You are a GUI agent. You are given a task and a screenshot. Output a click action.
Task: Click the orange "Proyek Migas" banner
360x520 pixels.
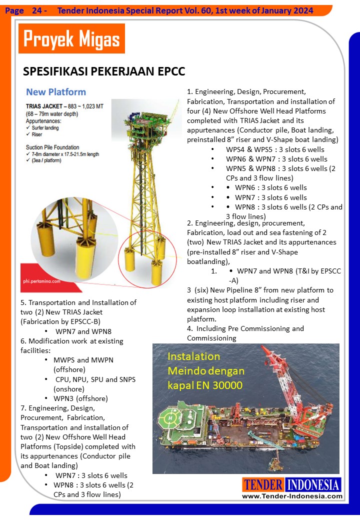71,38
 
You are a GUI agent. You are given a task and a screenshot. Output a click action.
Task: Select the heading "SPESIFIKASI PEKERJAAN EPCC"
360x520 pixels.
104,71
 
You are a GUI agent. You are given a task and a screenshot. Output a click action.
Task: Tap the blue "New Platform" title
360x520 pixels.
56,92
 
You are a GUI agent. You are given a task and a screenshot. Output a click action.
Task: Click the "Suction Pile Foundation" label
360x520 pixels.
52,147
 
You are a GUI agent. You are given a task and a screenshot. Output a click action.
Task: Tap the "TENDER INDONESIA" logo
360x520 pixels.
292,484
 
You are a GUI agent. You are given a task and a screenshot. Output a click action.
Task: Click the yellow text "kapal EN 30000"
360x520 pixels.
205,385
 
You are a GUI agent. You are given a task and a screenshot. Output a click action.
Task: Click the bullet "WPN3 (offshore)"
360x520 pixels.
80,398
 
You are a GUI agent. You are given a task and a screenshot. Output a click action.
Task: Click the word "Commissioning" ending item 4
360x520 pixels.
211,338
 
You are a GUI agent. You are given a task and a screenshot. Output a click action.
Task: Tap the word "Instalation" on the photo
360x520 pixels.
193,357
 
